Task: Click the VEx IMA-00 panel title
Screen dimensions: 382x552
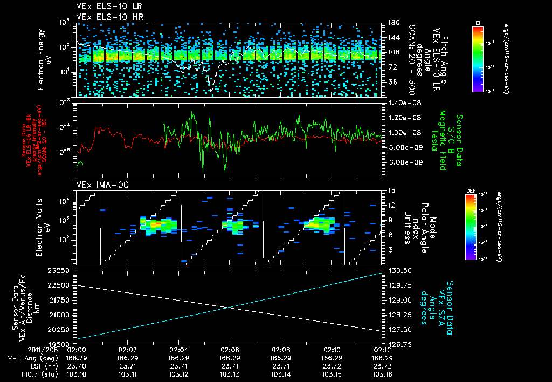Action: click(x=99, y=185)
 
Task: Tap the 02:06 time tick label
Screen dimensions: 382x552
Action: click(x=230, y=350)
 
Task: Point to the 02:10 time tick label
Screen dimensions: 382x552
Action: click(x=331, y=350)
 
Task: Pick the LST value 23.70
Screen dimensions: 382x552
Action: click(x=77, y=365)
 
